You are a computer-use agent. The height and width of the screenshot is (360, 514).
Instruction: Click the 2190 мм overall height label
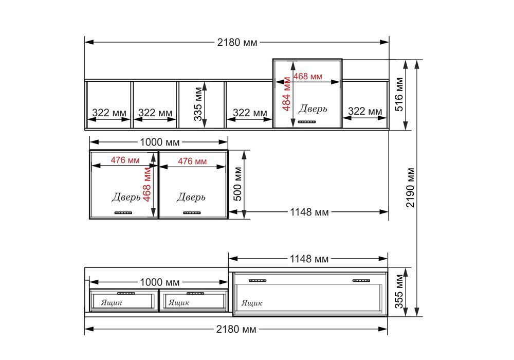tap(410, 188)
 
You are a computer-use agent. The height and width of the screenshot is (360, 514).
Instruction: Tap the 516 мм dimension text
tap(399, 95)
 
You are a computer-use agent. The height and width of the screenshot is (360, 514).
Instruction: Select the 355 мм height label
tap(399, 292)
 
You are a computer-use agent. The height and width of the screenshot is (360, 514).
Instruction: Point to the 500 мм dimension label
tap(237, 184)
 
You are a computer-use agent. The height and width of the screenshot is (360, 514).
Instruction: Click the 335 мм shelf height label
tap(198, 104)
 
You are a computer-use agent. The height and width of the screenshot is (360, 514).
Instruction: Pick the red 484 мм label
tap(286, 94)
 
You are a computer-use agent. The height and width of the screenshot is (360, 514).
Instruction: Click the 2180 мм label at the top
tap(237, 42)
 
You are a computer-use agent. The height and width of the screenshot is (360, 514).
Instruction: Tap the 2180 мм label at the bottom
tap(236, 329)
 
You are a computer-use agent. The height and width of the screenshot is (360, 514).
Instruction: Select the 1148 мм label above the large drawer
tap(309, 259)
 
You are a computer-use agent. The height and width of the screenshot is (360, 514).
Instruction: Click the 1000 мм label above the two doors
tap(160, 142)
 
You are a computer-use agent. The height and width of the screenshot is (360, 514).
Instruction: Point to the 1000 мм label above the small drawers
tap(160, 282)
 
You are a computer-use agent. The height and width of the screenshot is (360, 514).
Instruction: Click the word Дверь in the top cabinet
tap(313, 109)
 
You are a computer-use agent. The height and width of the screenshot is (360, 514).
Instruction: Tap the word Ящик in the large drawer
tap(252, 303)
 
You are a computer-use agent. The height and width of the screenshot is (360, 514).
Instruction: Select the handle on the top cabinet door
tap(307, 122)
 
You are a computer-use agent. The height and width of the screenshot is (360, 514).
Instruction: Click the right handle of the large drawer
tap(361, 281)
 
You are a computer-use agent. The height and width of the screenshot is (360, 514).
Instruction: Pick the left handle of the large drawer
tap(258, 281)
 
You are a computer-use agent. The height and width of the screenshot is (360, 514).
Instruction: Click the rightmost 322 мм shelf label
tap(365, 111)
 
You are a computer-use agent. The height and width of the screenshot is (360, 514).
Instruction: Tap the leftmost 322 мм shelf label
tap(109, 113)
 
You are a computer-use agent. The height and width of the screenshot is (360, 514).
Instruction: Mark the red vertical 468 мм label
tap(147, 184)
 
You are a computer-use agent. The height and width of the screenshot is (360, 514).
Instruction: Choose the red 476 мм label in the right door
tap(192, 161)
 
